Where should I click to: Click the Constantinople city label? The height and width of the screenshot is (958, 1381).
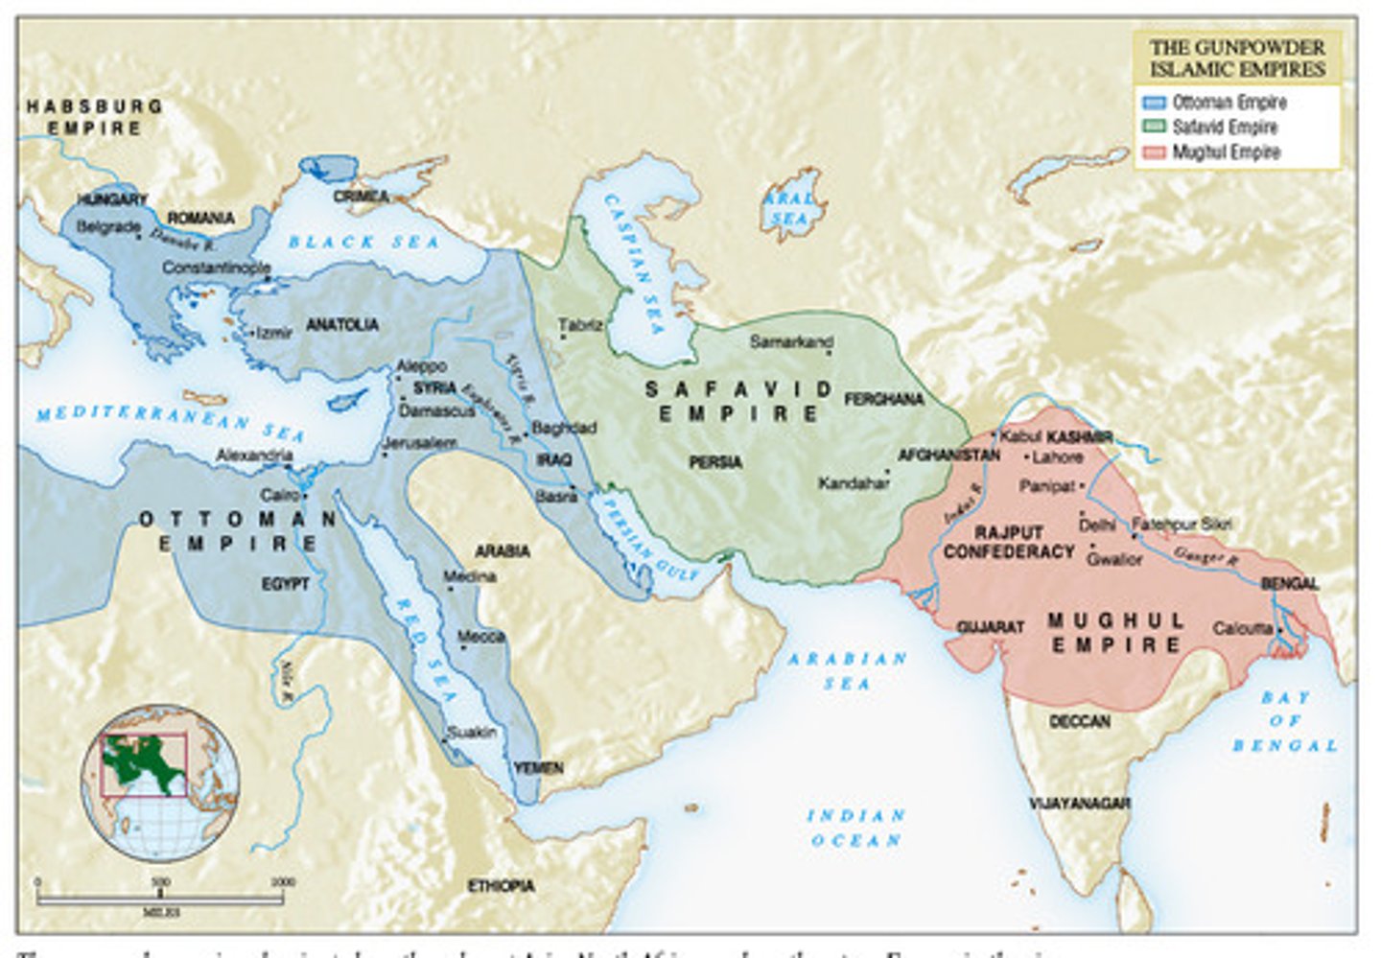click(x=216, y=268)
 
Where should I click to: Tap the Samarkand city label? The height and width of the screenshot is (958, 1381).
click(x=791, y=341)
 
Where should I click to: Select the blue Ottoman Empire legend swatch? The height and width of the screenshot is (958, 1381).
click(x=1154, y=103)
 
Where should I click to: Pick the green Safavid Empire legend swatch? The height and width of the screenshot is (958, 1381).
click(x=1154, y=128)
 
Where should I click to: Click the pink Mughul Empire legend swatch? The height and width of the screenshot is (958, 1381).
click(x=1154, y=152)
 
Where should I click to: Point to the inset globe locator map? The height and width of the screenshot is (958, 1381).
click(x=159, y=783)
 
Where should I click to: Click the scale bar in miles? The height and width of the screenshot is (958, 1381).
click(x=159, y=898)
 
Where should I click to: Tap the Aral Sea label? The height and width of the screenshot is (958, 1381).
click(x=789, y=208)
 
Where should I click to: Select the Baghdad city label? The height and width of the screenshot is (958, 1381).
click(x=564, y=428)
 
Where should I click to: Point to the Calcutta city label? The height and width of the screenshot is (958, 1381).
click(x=1243, y=629)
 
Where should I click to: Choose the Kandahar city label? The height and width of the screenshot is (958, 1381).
click(x=854, y=483)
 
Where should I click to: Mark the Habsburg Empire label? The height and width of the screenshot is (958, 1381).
click(x=94, y=117)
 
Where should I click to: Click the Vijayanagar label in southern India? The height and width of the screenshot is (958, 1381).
click(x=1079, y=804)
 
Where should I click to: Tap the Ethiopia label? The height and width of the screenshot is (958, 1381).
click(x=501, y=886)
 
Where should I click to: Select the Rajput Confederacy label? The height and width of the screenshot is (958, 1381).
click(x=1009, y=542)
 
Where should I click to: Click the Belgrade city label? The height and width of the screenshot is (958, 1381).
click(x=107, y=227)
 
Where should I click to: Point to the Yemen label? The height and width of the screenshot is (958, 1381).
click(x=538, y=768)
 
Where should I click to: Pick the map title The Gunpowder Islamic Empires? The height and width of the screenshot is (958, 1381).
click(x=1237, y=58)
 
